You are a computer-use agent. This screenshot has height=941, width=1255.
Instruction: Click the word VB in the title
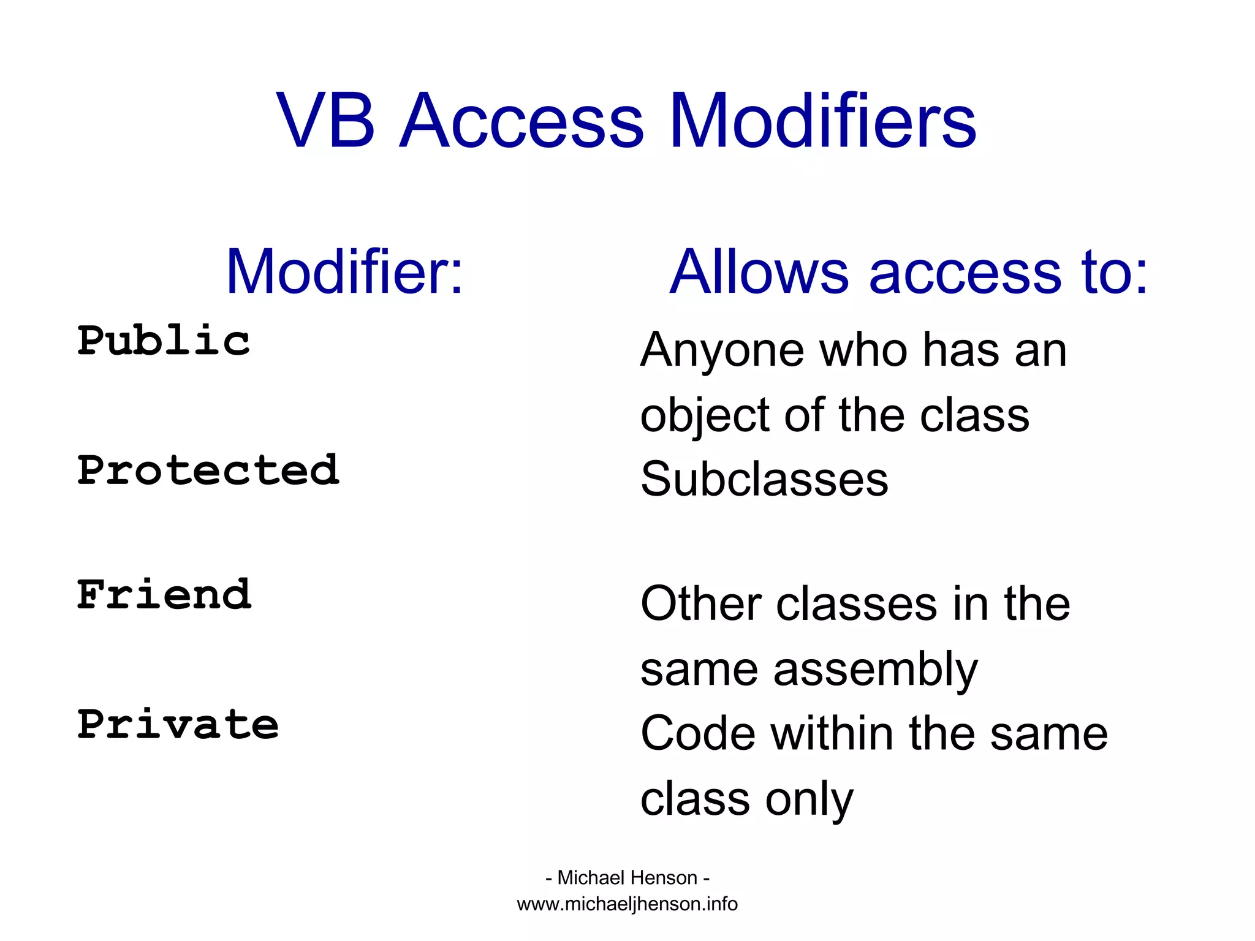pyautogui.click(x=325, y=121)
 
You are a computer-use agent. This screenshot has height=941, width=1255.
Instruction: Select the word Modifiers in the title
pyautogui.click(x=822, y=121)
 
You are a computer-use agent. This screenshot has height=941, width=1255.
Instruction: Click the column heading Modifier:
pyautogui.click(x=344, y=272)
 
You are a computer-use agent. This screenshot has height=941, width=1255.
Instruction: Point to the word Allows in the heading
pyautogui.click(x=759, y=272)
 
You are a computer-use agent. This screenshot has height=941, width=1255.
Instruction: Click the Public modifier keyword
pyautogui.click(x=164, y=341)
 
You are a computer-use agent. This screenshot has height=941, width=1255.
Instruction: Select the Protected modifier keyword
pyautogui.click(x=208, y=470)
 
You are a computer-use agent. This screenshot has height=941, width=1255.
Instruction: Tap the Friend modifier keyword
pyautogui.click(x=164, y=595)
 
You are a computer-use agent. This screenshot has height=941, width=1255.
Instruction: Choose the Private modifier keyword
pyautogui.click(x=178, y=725)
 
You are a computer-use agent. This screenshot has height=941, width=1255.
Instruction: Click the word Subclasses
pyautogui.click(x=764, y=479)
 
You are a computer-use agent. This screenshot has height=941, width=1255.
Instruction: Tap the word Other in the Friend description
pyautogui.click(x=701, y=604)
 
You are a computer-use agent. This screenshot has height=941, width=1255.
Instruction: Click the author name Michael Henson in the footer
pyautogui.click(x=627, y=878)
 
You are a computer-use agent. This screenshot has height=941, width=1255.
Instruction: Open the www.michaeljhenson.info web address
pyautogui.click(x=627, y=904)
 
